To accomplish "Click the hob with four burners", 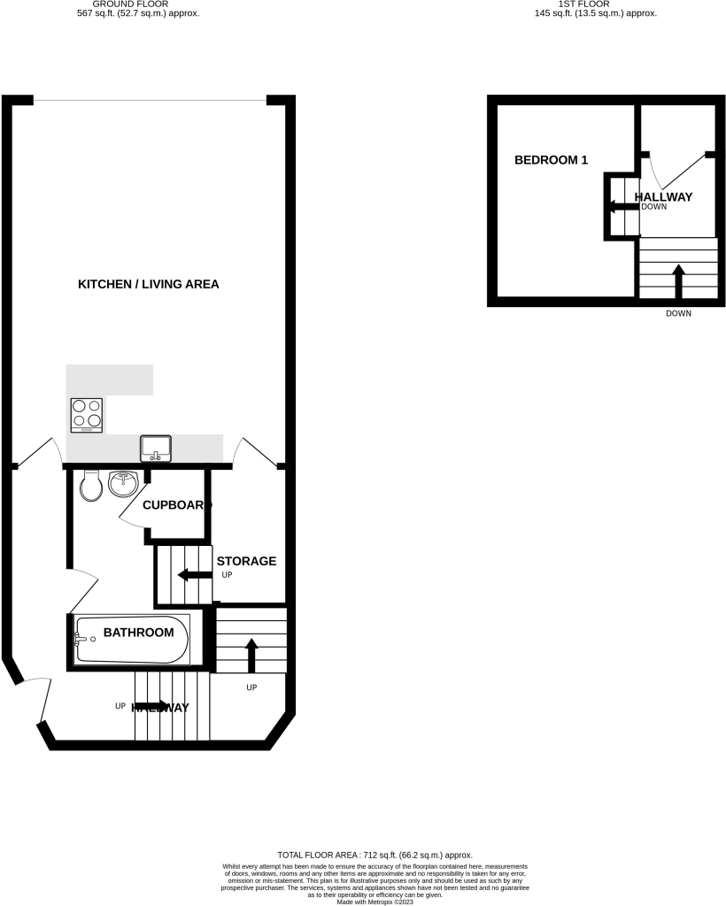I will click(x=86, y=414).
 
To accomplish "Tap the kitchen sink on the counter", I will click(x=156, y=449).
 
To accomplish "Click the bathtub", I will click(x=132, y=641).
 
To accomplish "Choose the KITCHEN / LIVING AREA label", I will click(x=149, y=284).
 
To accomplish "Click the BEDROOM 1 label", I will click(x=552, y=160).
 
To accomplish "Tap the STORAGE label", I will click(x=247, y=561).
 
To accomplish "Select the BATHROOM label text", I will click(x=138, y=633).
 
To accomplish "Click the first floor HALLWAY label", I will click(x=663, y=196).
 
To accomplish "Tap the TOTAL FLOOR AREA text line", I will click(x=375, y=856).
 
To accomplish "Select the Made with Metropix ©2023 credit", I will click(x=375, y=901).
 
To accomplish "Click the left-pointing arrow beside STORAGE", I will click(x=194, y=576).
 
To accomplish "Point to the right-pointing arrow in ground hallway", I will click(x=151, y=706).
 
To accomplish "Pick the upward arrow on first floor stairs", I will click(x=679, y=282).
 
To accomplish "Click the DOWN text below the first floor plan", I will click(x=679, y=313).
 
